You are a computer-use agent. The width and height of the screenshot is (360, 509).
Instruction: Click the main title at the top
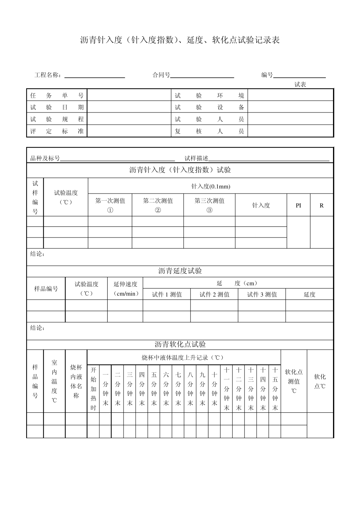(x=180, y=40)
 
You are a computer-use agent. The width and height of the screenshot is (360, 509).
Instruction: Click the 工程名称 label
(x=48, y=75)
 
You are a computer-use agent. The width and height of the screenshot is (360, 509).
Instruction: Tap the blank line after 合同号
(x=202, y=75)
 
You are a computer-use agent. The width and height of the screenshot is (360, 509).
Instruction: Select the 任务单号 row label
(x=57, y=95)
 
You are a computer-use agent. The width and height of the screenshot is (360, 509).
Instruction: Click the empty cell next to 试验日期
(x=129, y=108)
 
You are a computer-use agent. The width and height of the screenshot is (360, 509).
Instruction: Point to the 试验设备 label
(x=209, y=108)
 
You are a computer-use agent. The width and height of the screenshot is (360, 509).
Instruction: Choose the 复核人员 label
(x=209, y=131)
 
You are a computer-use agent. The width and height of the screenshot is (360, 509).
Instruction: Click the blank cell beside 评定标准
(x=129, y=131)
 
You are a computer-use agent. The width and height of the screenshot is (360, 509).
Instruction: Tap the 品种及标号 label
(x=45, y=158)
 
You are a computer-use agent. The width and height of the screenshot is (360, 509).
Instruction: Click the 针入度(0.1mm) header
(x=211, y=186)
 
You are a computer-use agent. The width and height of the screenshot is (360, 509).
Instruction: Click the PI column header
(x=298, y=205)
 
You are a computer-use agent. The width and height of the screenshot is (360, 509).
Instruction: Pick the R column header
(x=322, y=205)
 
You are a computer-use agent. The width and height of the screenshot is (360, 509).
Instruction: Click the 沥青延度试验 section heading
(x=180, y=271)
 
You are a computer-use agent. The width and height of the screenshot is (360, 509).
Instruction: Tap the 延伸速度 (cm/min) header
(x=125, y=289)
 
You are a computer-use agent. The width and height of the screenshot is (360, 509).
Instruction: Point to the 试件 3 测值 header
(x=262, y=295)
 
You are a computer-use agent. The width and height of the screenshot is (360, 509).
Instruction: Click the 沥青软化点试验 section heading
(x=180, y=345)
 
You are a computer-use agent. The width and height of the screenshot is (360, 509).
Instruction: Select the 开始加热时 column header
(x=93, y=389)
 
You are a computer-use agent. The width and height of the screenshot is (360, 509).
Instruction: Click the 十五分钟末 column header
(x=275, y=389)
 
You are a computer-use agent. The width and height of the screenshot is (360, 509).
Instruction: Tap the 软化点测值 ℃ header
(x=294, y=381)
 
